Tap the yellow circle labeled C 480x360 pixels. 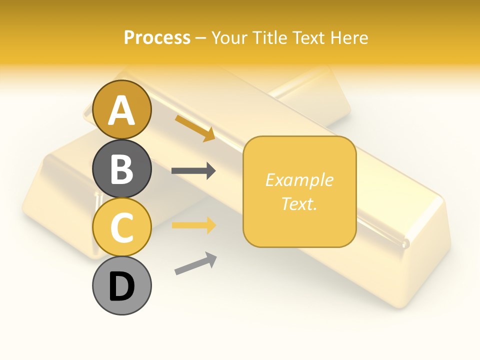tap(122, 227)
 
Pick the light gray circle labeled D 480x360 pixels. tap(122, 286)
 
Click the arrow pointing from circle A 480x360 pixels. tap(195, 127)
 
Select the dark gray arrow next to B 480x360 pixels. tap(193, 171)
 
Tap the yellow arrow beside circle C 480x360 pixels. tap(193, 225)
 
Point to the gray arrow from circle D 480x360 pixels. tap(195, 263)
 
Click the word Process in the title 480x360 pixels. tap(157, 37)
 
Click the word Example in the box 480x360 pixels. tap(299, 180)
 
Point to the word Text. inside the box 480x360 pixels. tap(299, 203)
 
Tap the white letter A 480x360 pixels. tap(122, 110)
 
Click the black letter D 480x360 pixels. tap(122, 286)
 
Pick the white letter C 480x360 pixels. tap(122, 227)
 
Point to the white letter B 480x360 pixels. tap(122, 169)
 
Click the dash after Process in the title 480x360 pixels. tap(201, 38)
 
